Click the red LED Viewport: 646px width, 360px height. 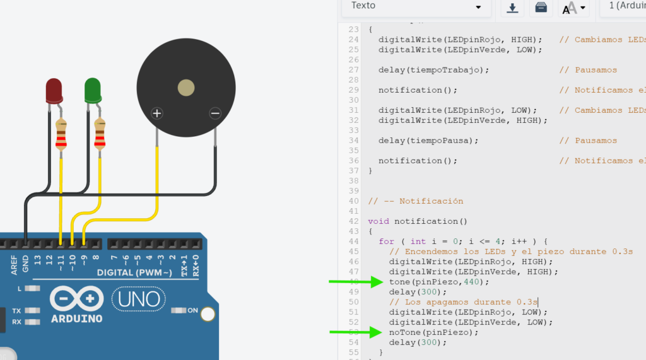coord(54,90)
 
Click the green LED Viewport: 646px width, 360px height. coord(93,90)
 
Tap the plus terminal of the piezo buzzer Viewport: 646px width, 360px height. coord(157,113)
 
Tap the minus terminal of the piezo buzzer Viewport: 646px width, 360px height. coord(215,113)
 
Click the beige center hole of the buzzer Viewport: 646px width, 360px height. coord(186,88)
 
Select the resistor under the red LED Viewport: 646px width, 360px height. coord(61,134)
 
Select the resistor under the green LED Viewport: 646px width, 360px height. coord(99,134)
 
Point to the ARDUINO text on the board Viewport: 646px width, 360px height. coord(77,318)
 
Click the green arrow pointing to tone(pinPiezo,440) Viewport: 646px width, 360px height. coord(356,282)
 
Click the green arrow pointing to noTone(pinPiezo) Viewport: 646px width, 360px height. coord(356,332)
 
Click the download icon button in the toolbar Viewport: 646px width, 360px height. coord(512,8)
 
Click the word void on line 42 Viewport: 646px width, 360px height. coord(379,221)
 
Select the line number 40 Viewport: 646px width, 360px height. coord(353,201)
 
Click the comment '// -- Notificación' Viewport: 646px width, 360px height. coord(416,201)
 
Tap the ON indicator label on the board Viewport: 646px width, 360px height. coord(192,311)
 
